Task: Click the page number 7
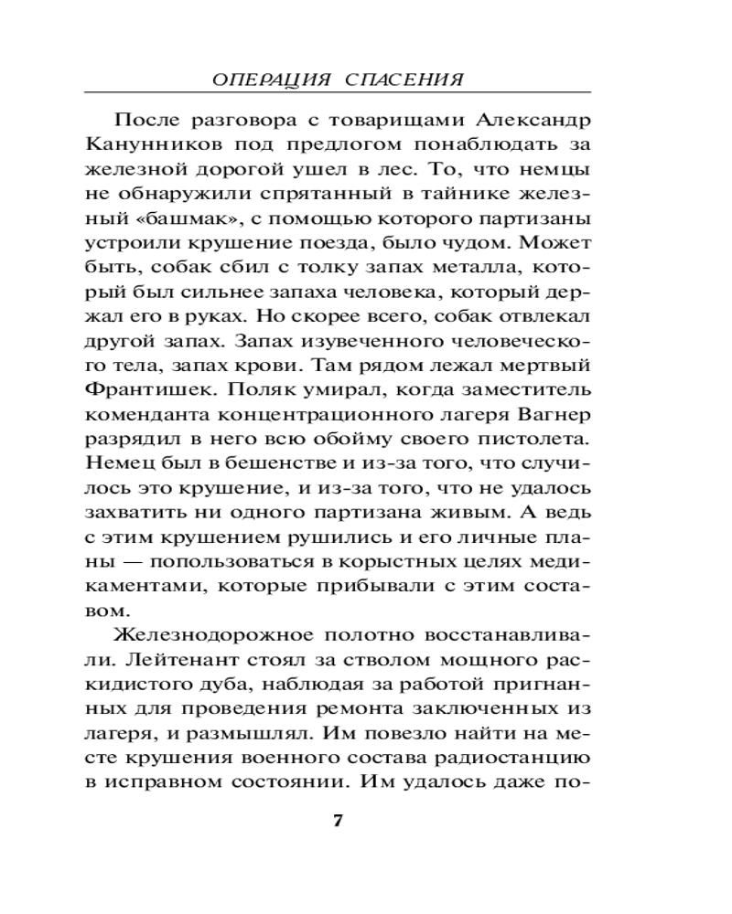(x=337, y=820)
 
